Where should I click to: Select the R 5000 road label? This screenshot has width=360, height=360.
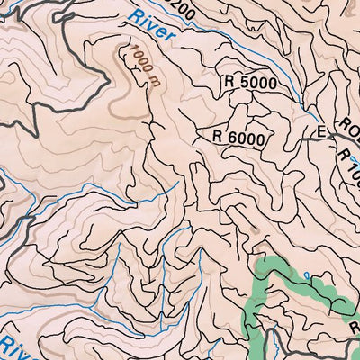click(258, 81)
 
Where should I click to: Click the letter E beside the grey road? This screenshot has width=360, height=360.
click(319, 132)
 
